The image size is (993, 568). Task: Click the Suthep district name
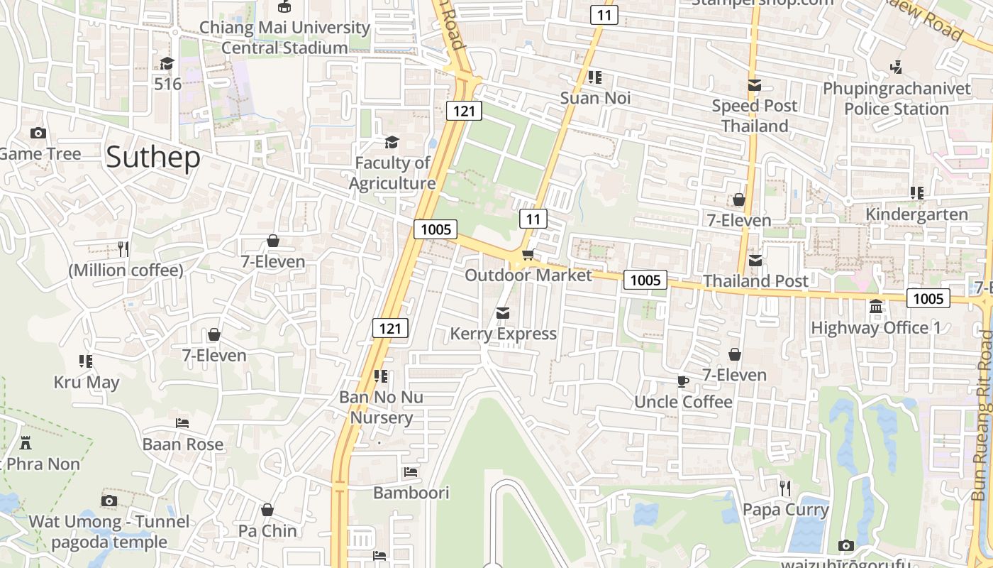(153, 157)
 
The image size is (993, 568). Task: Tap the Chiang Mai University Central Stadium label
(284, 38)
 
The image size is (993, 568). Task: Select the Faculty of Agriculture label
(392, 173)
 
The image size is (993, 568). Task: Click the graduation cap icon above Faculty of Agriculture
(392, 143)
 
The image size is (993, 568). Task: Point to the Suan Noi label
(595, 98)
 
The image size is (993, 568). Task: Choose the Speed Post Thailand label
(755, 116)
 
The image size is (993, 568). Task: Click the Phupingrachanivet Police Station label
(897, 99)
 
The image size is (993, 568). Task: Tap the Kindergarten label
(916, 214)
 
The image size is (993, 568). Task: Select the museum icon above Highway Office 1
(876, 307)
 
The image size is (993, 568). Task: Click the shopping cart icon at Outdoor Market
(528, 254)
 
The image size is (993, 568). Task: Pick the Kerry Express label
(503, 334)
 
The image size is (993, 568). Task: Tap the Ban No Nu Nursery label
(381, 407)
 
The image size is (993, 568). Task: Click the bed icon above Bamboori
(411, 471)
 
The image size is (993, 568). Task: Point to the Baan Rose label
(183, 444)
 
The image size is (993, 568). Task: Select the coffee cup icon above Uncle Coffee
(683, 381)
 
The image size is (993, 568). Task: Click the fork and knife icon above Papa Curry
(785, 488)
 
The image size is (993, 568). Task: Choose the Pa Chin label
(267, 530)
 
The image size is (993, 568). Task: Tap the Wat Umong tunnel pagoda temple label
(109, 532)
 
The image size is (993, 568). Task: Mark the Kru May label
(87, 383)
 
